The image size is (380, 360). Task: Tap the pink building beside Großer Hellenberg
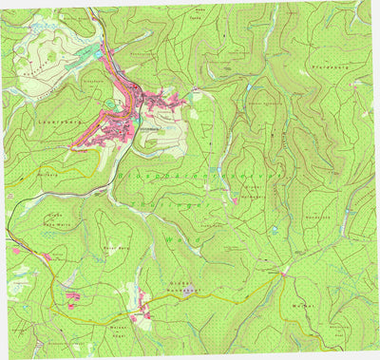point(235,200)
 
